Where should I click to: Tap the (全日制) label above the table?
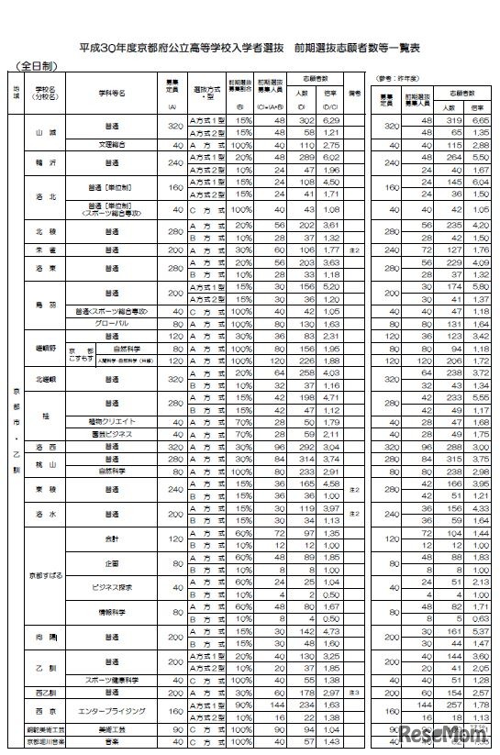[x=36, y=67]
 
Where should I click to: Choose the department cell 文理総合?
[x=115, y=145]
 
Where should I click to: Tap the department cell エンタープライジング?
[x=115, y=710]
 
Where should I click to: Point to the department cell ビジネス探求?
[x=115, y=585]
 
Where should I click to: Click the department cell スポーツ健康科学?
[x=115, y=681]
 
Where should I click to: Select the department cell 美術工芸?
[x=115, y=727]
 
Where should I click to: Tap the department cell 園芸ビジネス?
[x=115, y=433]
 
